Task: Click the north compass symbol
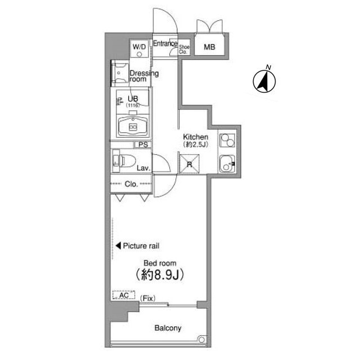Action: pyautogui.click(x=264, y=82)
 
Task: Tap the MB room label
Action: pyautogui.click(x=209, y=47)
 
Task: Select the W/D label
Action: pyautogui.click(x=139, y=47)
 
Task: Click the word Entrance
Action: pyautogui.click(x=165, y=43)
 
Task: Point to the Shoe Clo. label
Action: pyautogui.click(x=184, y=49)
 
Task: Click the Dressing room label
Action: pyautogui.click(x=144, y=76)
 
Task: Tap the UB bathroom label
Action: pyautogui.click(x=133, y=99)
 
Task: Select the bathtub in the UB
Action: pyautogui.click(x=133, y=127)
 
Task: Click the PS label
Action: pyautogui.click(x=143, y=145)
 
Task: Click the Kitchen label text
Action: pyautogui.click(x=196, y=137)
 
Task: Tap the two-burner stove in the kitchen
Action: pyautogui.click(x=227, y=140)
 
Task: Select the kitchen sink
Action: pyautogui.click(x=227, y=164)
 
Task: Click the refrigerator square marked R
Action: pyautogui.click(x=190, y=164)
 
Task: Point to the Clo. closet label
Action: pyautogui.click(x=131, y=184)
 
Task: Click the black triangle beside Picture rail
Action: pyautogui.click(x=118, y=246)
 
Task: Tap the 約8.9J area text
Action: pyautogui.click(x=160, y=274)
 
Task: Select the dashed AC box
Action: pyautogui.click(x=124, y=295)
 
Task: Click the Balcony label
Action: pyautogui.click(x=168, y=328)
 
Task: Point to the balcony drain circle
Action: pyautogui.click(x=201, y=340)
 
